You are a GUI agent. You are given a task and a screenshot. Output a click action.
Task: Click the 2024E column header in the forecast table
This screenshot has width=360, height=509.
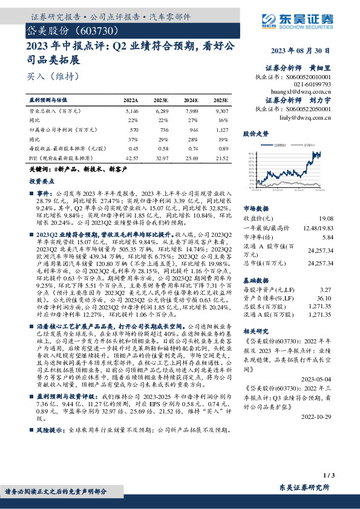point(191,100)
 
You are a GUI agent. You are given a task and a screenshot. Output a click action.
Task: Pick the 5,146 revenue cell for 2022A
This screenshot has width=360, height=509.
point(131,112)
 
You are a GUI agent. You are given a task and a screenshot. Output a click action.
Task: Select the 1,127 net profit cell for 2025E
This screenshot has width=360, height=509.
point(222,129)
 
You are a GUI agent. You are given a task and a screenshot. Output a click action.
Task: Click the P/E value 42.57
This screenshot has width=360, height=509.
point(131,157)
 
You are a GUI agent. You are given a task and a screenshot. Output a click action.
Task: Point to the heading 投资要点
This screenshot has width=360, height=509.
point(40,181)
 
